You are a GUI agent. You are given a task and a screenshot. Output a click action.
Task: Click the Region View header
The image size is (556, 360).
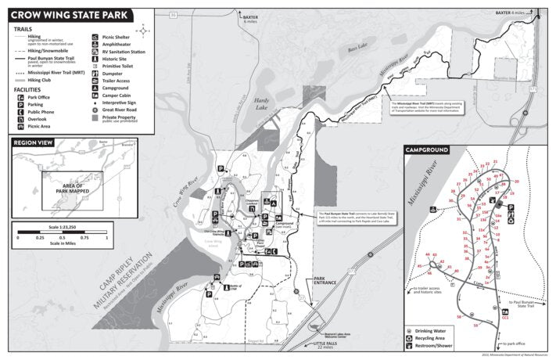pyautogui.click(x=34, y=142)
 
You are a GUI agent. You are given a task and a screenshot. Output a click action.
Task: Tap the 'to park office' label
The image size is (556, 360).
pyautogui.click(x=518, y=343)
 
